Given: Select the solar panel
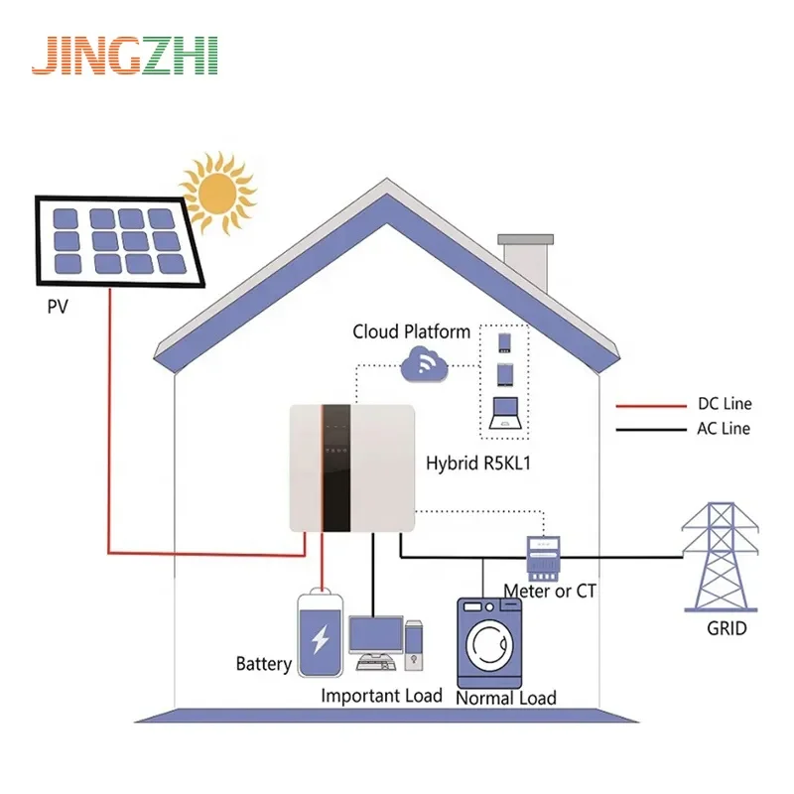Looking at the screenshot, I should click(119, 239).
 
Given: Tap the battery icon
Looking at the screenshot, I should click(320, 634).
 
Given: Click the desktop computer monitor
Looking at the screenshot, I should click(374, 636).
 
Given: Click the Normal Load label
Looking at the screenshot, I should click(505, 698).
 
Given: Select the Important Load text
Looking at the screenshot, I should click(381, 695).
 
